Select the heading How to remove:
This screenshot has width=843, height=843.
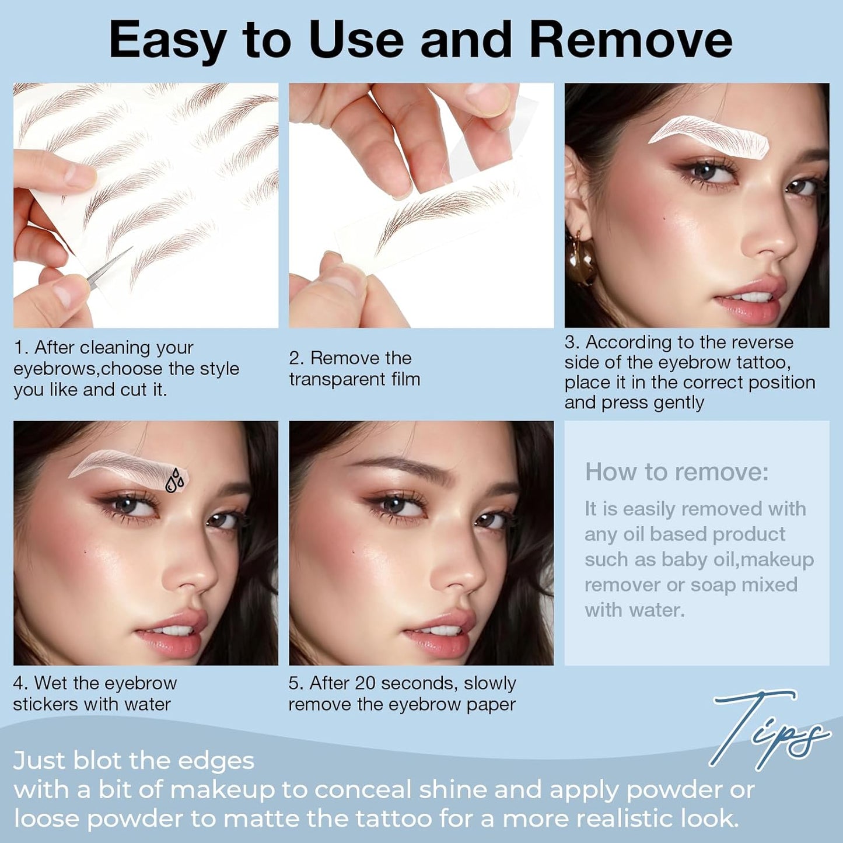tap(677, 472)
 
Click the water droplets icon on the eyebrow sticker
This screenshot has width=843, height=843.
tap(174, 481)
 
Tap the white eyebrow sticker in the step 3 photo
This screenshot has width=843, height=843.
tap(709, 133)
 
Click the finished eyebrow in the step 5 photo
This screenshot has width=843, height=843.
tap(403, 467)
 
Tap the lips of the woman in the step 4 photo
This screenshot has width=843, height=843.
tap(175, 636)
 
